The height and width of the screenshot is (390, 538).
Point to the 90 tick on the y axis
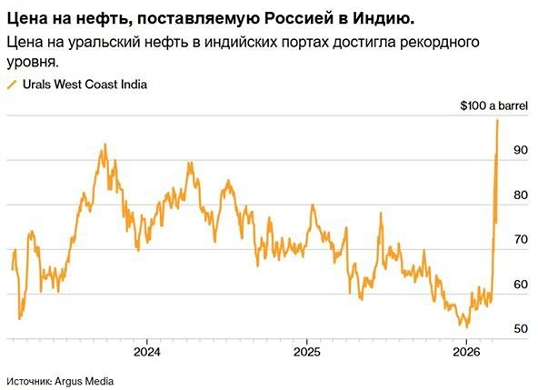520,151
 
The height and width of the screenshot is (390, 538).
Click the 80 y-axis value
520,195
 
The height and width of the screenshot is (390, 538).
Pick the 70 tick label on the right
520,240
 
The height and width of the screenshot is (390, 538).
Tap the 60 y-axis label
520,285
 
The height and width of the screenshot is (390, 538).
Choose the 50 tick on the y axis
520,329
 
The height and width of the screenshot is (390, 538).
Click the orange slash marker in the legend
12,85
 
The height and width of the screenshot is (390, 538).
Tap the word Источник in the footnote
33,379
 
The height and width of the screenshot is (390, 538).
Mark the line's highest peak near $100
498,120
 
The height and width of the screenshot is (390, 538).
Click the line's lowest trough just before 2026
465,325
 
